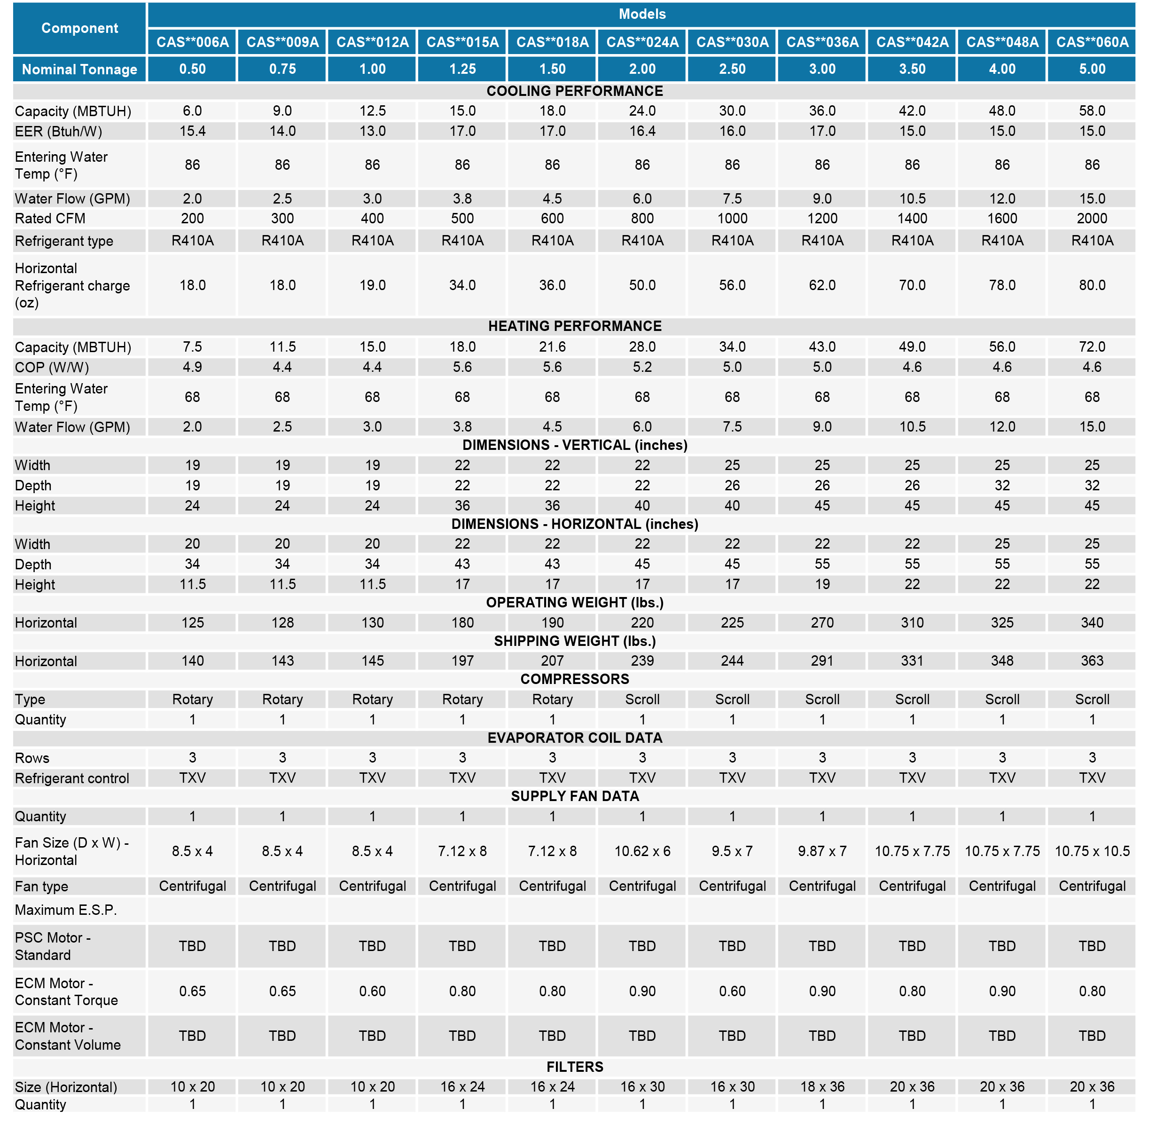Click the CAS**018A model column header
tap(552, 42)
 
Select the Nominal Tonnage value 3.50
tap(912, 69)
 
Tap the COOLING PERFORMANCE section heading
tap(574, 91)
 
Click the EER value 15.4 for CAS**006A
tap(193, 132)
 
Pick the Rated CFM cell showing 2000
tap(1092, 218)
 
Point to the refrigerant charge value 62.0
tap(822, 285)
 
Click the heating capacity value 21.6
tap(552, 346)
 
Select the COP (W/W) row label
tap(52, 368)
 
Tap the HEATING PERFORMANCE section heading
tap(574, 326)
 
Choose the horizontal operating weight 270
tap(822, 622)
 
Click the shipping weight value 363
tap(1092, 660)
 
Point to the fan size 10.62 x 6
tap(642, 851)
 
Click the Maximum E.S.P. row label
tap(66, 910)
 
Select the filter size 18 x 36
tap(822, 1086)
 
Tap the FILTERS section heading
tap(574, 1067)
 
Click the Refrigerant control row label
tap(72, 778)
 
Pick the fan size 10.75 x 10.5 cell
tap(1092, 851)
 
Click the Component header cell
tap(79, 28)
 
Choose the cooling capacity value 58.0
tap(1092, 111)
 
